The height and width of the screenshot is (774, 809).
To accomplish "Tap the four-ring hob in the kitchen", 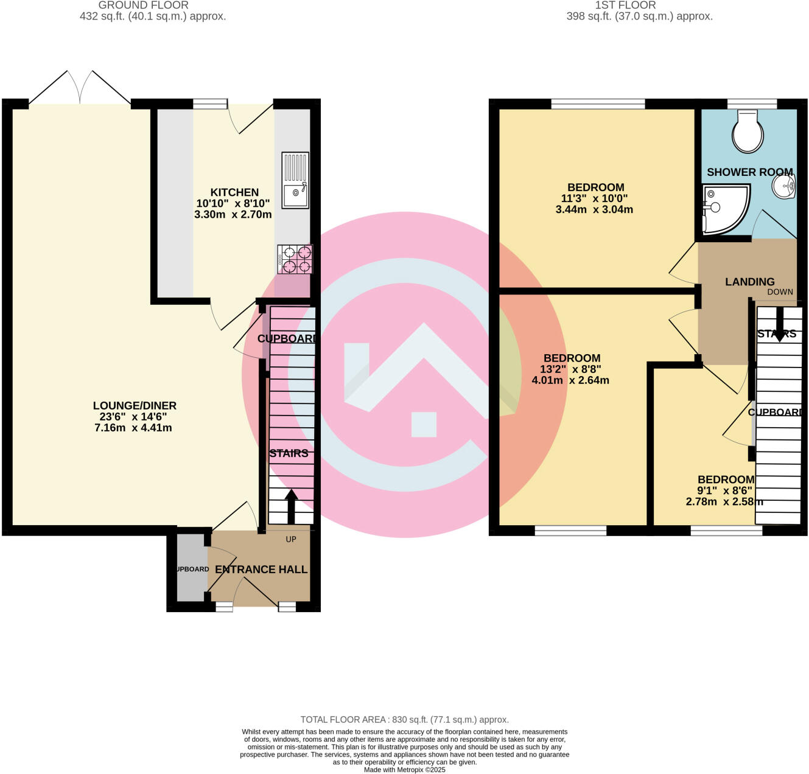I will [295, 259].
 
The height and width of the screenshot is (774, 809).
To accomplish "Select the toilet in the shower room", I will [748, 131].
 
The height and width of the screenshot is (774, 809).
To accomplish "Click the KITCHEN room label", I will [234, 192].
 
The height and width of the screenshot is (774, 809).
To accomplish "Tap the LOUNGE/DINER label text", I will [135, 406].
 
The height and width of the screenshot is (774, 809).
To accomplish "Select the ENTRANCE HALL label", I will [261, 570].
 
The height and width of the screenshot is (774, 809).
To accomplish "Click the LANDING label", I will [749, 282].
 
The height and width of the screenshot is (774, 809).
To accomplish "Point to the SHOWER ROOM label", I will [749, 172].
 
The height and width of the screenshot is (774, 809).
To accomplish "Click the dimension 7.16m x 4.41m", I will [133, 428].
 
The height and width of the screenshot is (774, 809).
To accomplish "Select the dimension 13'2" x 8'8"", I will [570, 369].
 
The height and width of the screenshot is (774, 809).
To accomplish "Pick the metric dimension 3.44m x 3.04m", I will [594, 209].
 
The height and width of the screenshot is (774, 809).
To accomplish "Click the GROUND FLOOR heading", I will [144, 5].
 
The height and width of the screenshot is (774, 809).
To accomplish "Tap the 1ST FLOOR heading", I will [625, 5].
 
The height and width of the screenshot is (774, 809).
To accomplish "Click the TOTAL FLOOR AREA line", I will [404, 720].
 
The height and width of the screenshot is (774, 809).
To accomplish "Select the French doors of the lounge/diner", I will [80, 88].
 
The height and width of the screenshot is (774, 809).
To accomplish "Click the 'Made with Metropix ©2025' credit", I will [404, 770].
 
